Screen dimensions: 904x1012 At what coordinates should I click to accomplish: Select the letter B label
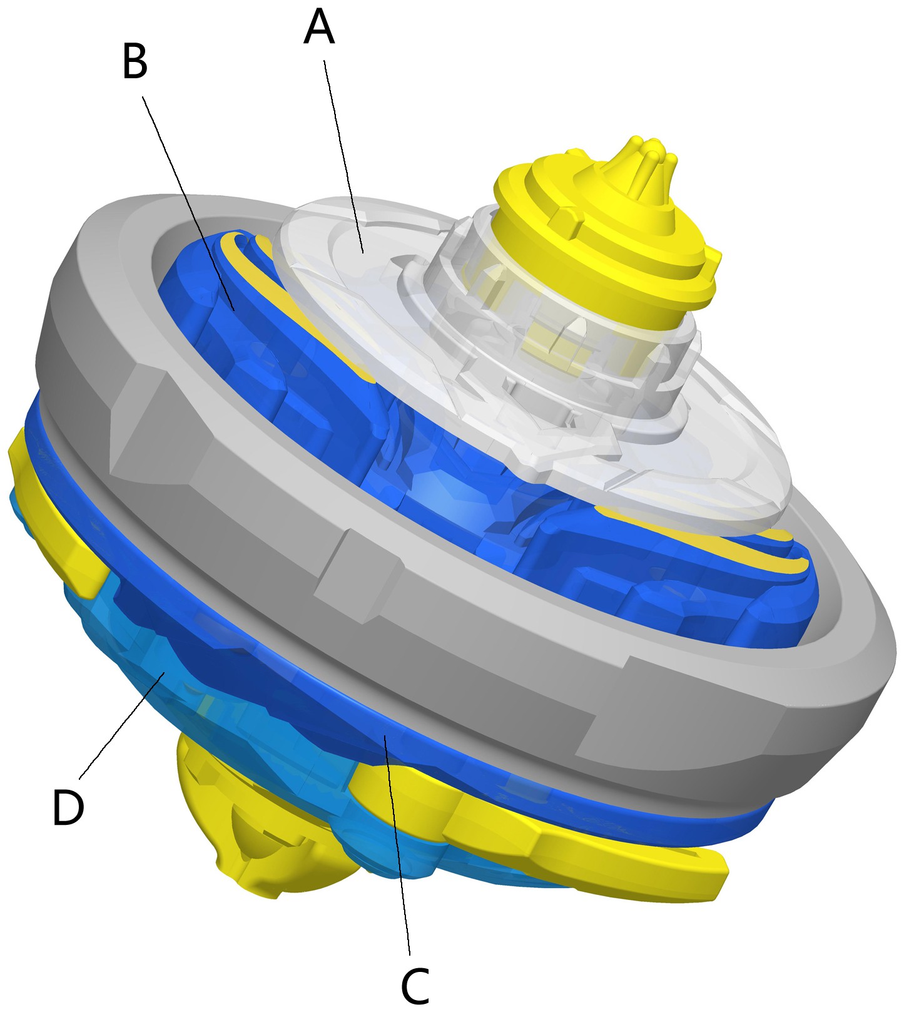point(135,63)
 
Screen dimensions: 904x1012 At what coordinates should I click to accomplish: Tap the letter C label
point(415,987)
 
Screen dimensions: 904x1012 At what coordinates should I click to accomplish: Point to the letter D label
point(68,807)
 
